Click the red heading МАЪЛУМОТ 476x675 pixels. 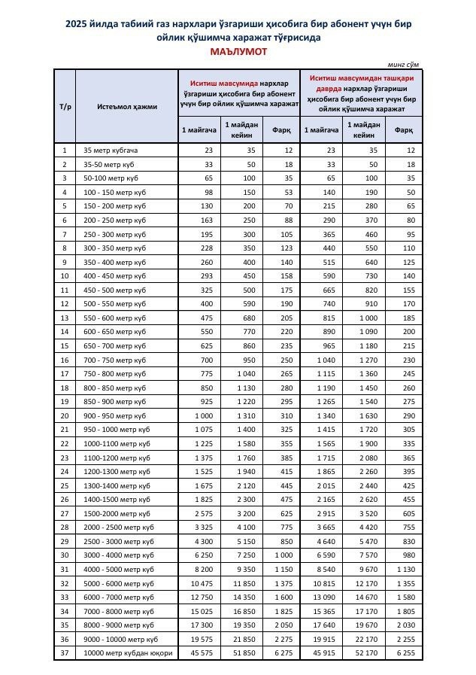coord(238,52)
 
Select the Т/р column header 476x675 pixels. coord(65,106)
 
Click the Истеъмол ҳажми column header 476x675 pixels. coord(127,106)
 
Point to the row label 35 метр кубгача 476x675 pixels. coord(111,151)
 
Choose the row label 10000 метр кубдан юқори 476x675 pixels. coord(128,652)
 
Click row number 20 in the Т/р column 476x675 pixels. coord(65,415)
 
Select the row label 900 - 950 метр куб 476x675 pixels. coord(114,415)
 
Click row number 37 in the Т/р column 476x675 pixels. coord(65,652)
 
